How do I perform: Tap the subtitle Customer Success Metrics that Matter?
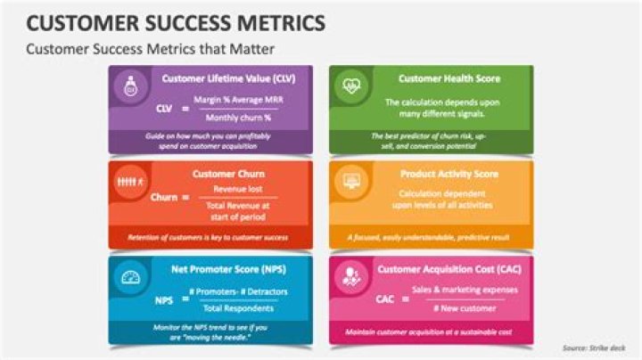click(x=150, y=48)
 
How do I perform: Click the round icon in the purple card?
click(x=131, y=86)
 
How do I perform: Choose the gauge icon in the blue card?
click(x=131, y=278)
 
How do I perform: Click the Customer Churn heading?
click(x=228, y=174)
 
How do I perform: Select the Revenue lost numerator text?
click(x=235, y=189)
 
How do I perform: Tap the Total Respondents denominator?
click(x=235, y=308)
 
